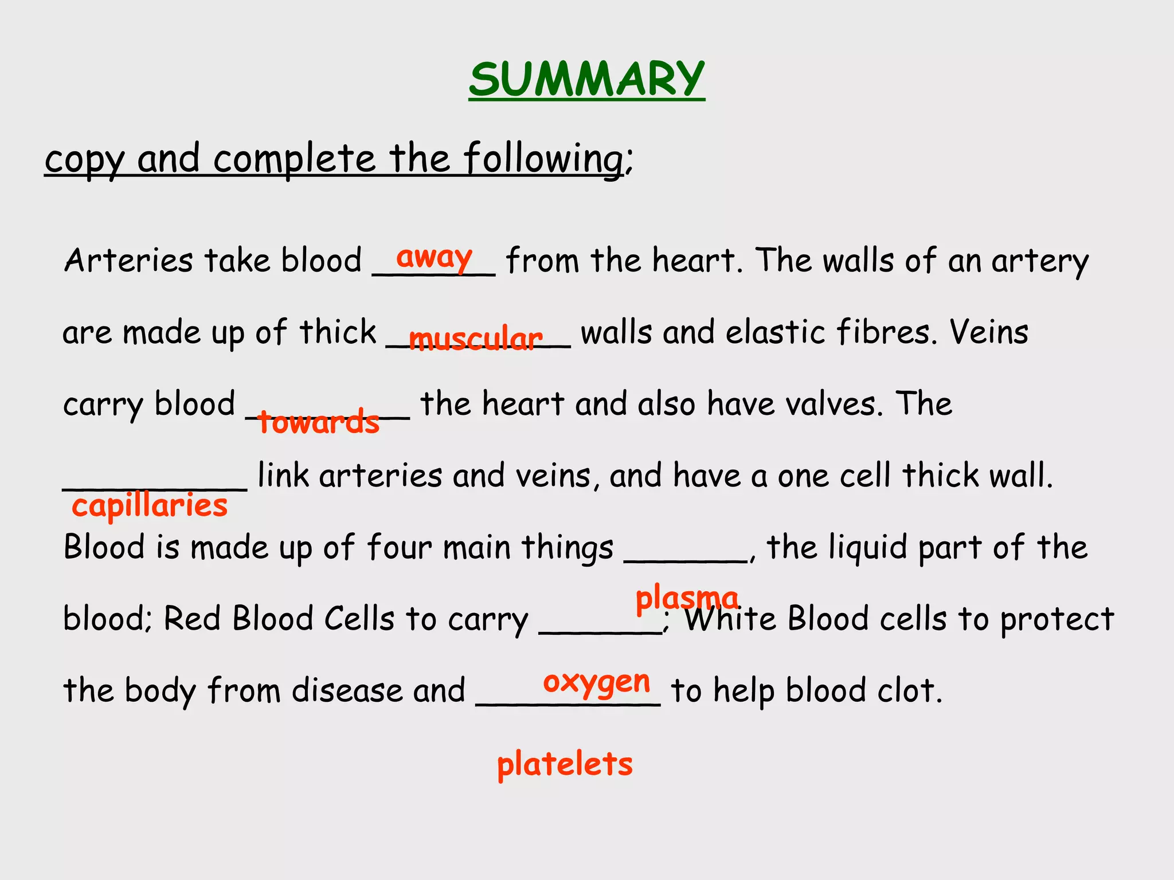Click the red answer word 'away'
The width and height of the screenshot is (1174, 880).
pos(435,257)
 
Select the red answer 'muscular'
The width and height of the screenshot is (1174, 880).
pos(476,339)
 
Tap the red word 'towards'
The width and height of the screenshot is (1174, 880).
pos(319,422)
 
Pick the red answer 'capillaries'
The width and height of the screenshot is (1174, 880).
pos(150,506)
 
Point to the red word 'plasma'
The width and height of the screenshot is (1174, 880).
pos(687,599)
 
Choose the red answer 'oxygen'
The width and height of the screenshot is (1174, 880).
pos(596,682)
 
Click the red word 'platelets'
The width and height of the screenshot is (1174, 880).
pos(565,764)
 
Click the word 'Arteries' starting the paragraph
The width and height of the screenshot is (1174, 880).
pos(128,261)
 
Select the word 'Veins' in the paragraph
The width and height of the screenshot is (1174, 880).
pos(989,332)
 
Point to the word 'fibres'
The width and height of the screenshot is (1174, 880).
pos(886,332)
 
